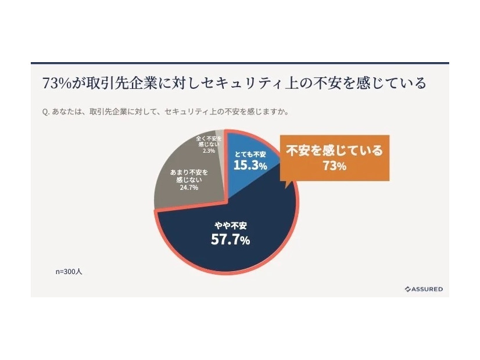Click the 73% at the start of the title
click(55, 83)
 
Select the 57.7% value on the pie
click(230, 239)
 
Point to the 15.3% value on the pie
click(250, 165)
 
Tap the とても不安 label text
click(250, 154)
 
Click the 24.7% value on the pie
click(189, 188)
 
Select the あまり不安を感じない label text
click(189, 177)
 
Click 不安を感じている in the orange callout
click(334, 151)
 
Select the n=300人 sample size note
click(69, 271)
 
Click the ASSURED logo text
click(427, 289)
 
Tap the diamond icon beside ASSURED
click(407, 289)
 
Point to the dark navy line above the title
click(239, 63)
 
